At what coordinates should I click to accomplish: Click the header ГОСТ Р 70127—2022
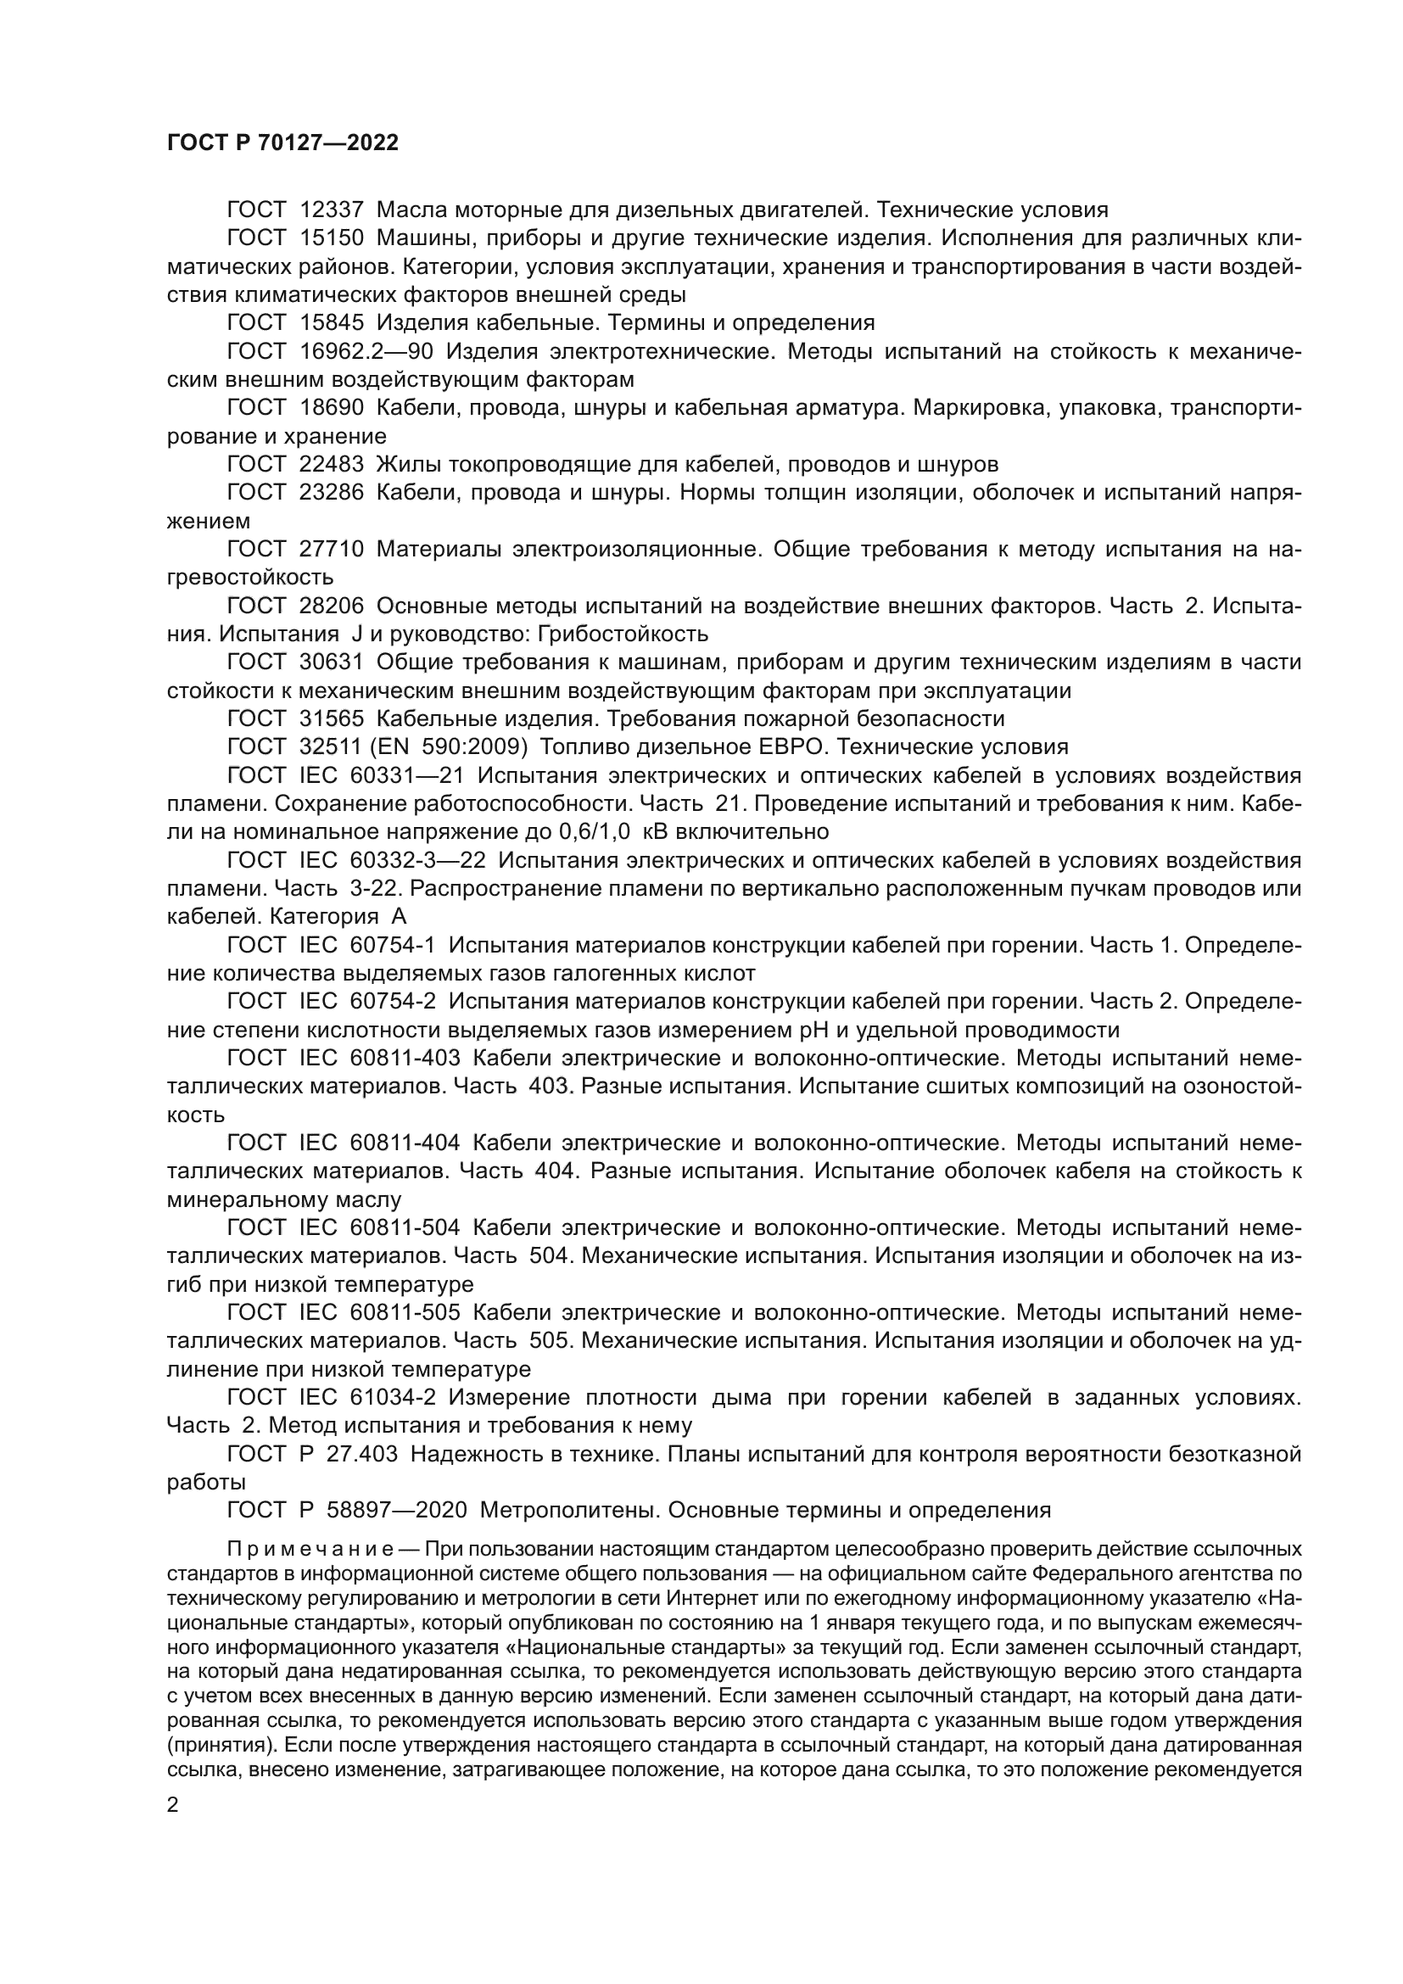click(282, 143)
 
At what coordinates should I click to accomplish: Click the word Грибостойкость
click(623, 634)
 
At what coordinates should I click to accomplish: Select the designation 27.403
click(363, 1456)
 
